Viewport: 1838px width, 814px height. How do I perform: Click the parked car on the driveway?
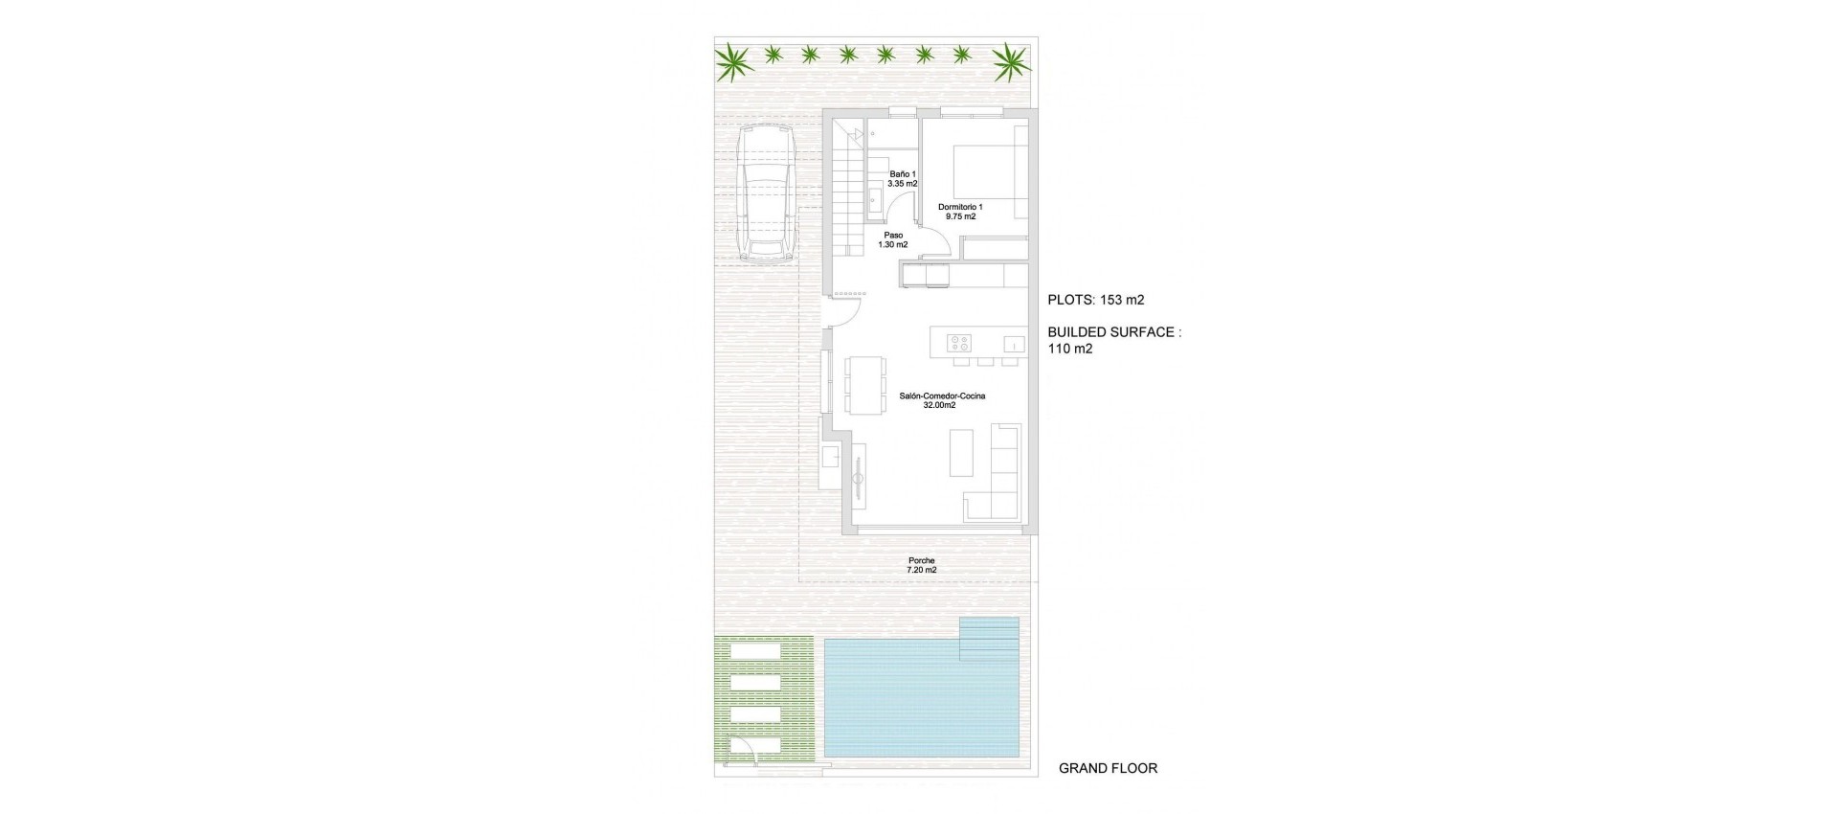766,195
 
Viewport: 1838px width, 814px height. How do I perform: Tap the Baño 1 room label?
903,178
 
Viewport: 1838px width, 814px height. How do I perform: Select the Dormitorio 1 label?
960,212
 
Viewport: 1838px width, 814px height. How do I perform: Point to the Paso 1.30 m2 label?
893,239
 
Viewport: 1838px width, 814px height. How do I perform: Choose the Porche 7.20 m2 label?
921,565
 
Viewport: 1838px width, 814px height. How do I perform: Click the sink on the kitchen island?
1011,343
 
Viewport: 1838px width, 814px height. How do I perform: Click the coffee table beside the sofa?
960,452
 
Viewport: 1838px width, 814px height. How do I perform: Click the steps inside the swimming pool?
989,639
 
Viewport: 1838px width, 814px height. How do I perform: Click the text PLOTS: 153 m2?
1096,300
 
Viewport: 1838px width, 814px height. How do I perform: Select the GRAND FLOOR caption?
1108,768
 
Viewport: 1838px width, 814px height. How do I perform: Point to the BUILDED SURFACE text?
1113,332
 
